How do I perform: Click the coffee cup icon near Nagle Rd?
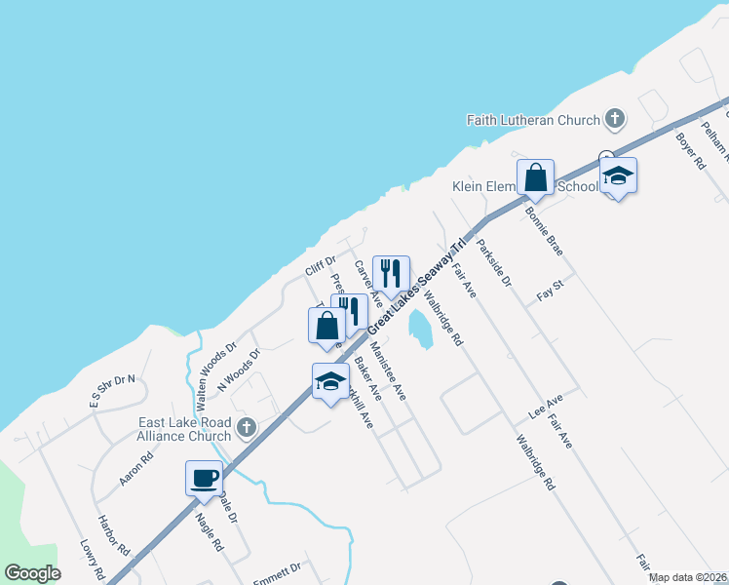(205, 479)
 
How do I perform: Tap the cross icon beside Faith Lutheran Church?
(614, 120)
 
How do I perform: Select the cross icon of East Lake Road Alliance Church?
(247, 427)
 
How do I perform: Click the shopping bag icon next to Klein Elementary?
(535, 177)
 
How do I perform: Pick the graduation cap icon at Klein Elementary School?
(618, 176)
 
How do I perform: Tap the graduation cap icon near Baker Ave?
(330, 381)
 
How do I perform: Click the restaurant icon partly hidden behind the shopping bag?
(352, 311)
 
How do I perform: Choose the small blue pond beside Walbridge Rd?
(421, 329)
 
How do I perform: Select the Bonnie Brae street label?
(544, 231)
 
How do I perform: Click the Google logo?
(33, 573)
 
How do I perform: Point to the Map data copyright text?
(688, 577)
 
